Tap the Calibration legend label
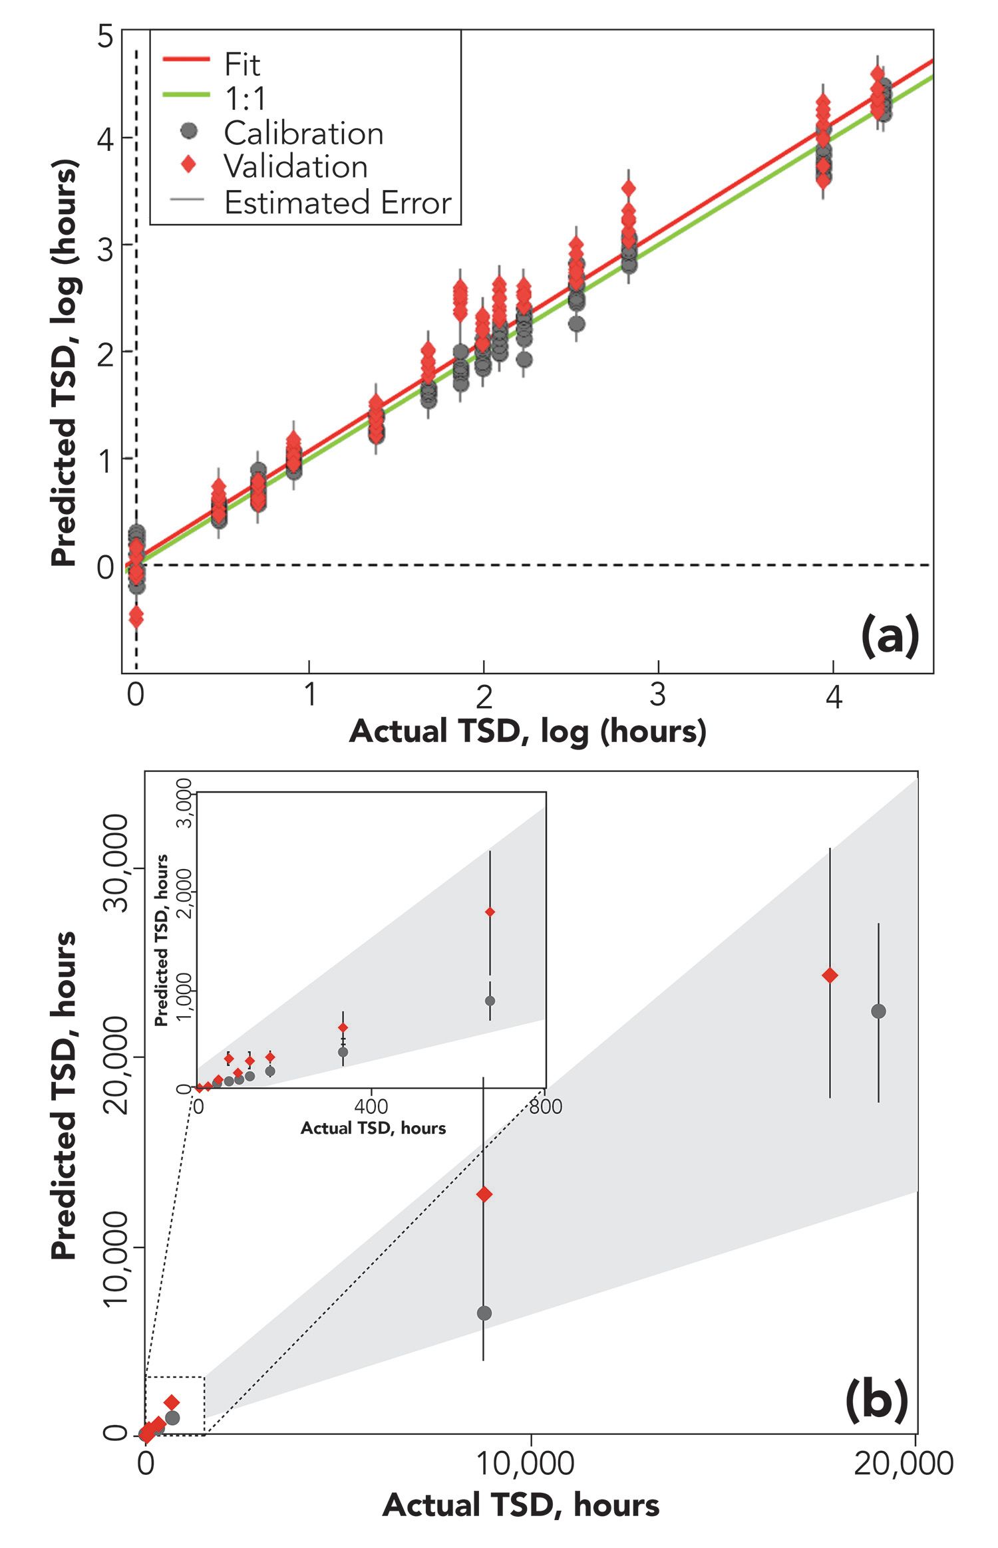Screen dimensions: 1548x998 click(303, 134)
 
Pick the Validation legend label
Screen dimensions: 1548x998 click(295, 167)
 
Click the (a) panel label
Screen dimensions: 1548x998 click(890, 636)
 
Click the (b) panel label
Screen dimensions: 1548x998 click(876, 1399)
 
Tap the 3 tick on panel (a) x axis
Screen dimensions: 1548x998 click(657, 695)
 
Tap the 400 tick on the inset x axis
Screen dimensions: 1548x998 click(371, 1106)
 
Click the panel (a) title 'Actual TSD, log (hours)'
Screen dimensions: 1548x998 click(527, 731)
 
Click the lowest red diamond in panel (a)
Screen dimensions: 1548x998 click(136, 617)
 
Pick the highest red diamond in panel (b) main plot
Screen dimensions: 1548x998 click(830, 975)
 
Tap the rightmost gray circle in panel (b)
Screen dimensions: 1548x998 click(878, 1011)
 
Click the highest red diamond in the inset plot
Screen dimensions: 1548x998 click(490, 912)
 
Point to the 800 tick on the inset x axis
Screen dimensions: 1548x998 click(546, 1106)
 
